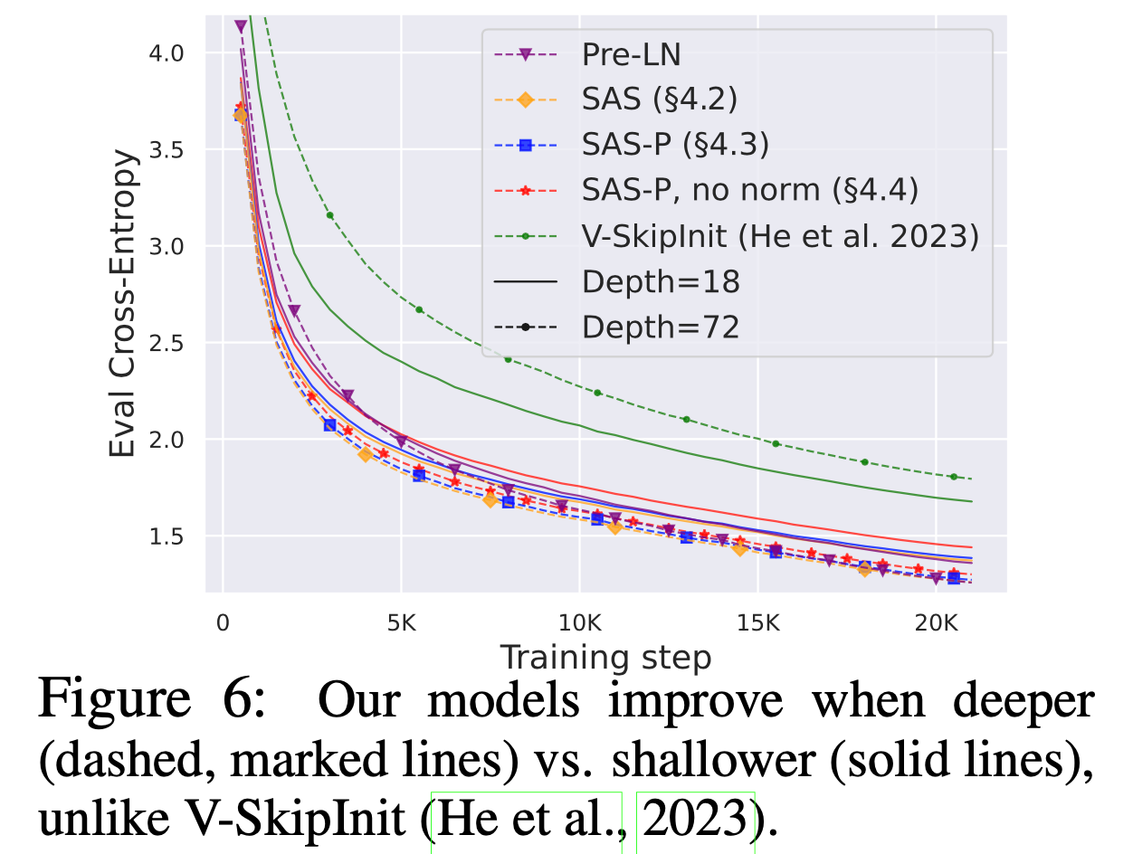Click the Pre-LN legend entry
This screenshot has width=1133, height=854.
pyautogui.click(x=631, y=56)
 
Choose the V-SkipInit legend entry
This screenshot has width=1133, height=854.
pyautogui.click(x=779, y=236)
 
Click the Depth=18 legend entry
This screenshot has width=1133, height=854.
pyautogui.click(x=661, y=281)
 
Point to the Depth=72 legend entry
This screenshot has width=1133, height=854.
pyautogui.click(x=661, y=327)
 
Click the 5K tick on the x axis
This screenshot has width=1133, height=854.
pyautogui.click(x=401, y=623)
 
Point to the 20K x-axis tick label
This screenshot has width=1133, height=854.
pyautogui.click(x=935, y=623)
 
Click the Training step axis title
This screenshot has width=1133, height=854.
pyautogui.click(x=605, y=658)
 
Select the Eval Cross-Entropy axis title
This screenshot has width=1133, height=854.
pyautogui.click(x=126, y=303)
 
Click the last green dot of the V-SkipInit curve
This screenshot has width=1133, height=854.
pyautogui.click(x=953, y=477)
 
